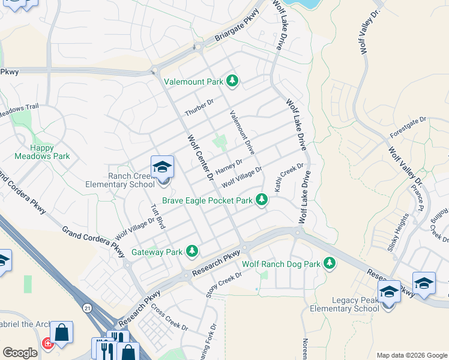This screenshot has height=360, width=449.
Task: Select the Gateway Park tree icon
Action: coord(191,251)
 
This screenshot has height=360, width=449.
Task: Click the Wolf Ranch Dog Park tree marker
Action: coord(329,263)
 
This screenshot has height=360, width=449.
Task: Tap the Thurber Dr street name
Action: coord(199,108)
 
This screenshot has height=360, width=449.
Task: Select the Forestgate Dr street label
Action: coord(408,127)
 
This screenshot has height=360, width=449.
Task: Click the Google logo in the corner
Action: coord(20,352)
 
